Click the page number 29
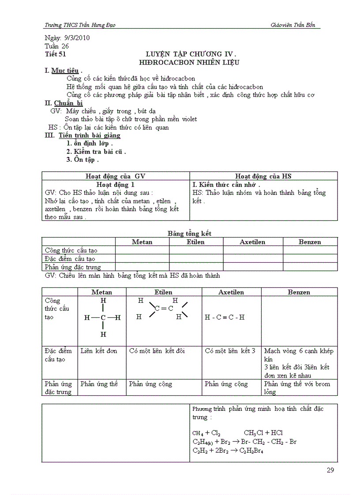click(330, 470)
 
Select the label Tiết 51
click(55, 54)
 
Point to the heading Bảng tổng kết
click(189, 233)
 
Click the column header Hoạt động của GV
click(116, 176)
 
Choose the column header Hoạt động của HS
click(263, 176)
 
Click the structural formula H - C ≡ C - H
click(225, 317)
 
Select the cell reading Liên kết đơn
click(99, 351)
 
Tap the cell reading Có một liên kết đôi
click(157, 351)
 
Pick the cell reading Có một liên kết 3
click(230, 351)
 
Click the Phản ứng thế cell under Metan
click(99, 384)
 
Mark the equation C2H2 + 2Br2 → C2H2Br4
click(228, 450)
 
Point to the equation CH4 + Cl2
click(206, 433)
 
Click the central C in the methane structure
click(103, 317)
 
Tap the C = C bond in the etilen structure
click(164, 309)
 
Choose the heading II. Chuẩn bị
click(64, 103)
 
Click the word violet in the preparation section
click(187, 119)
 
